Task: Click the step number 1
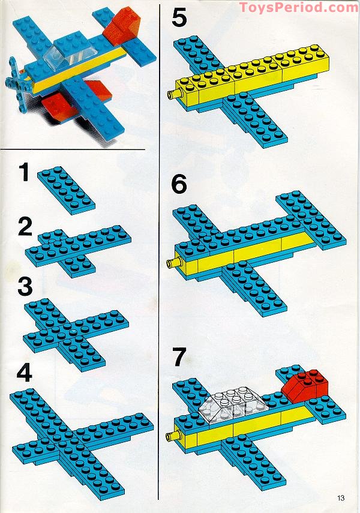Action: (23, 173)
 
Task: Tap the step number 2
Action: (25, 228)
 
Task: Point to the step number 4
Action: (25, 373)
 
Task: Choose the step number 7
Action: (179, 358)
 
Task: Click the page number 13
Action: (342, 497)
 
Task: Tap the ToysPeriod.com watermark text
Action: (298, 8)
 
